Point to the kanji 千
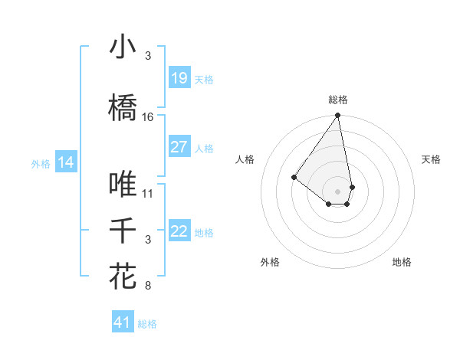click(x=123, y=230)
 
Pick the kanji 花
click(x=123, y=276)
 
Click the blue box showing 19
click(x=179, y=78)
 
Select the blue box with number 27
click(x=179, y=147)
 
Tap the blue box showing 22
click(x=179, y=232)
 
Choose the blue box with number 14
click(x=65, y=162)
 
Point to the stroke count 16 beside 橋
click(x=148, y=117)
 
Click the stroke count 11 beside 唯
click(x=148, y=193)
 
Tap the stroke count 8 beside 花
click(x=147, y=286)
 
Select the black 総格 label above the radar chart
click(x=338, y=100)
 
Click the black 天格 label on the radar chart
click(x=431, y=159)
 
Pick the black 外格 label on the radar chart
click(x=270, y=262)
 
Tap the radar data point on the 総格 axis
click(x=337, y=116)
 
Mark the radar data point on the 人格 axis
click(x=294, y=177)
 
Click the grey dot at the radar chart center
click(x=337, y=191)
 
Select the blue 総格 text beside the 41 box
click(x=147, y=324)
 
